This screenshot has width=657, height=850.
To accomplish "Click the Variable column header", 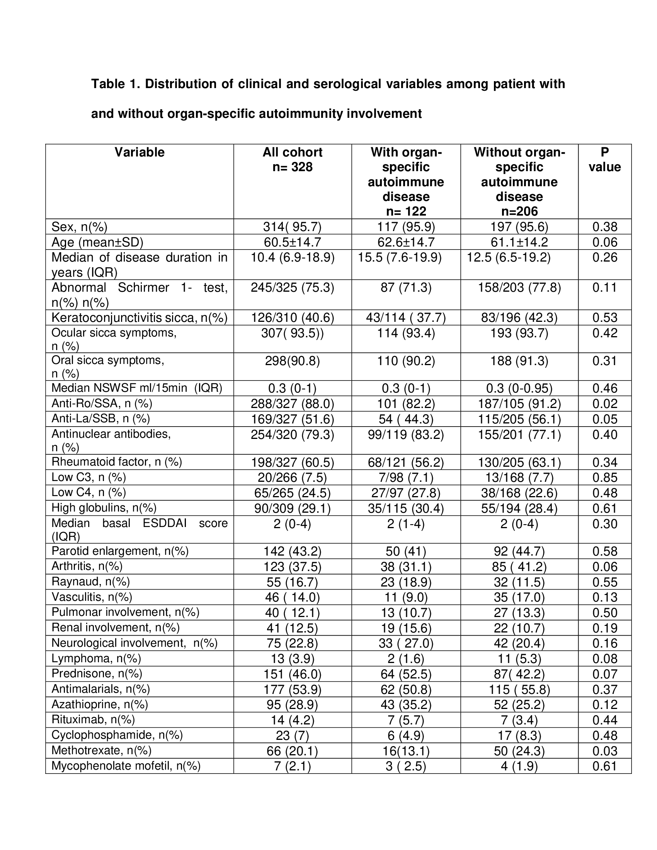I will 140,152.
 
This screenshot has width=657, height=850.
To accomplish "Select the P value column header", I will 604,160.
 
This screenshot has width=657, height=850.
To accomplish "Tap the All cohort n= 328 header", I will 292,160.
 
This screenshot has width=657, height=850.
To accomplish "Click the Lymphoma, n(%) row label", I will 96,658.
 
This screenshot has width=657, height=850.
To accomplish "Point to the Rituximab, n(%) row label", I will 93,720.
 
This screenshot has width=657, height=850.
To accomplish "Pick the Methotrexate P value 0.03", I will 604,751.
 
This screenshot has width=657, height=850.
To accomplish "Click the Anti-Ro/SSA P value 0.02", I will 604,404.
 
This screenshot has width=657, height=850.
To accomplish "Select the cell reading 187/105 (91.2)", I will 519,404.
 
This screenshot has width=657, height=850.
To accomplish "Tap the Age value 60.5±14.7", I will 292,242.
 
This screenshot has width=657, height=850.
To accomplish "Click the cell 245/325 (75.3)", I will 292,287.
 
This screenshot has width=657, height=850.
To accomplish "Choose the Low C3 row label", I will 89,477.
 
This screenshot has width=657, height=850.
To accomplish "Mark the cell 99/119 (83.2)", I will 405,435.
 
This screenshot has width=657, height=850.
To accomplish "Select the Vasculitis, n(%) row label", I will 92,597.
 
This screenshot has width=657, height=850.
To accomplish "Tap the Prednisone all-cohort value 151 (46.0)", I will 292,674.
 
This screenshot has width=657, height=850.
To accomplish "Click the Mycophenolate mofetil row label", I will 126,766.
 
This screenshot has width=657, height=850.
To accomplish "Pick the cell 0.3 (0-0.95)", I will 519,388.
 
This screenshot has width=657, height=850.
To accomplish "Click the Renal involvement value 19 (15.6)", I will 405,628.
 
